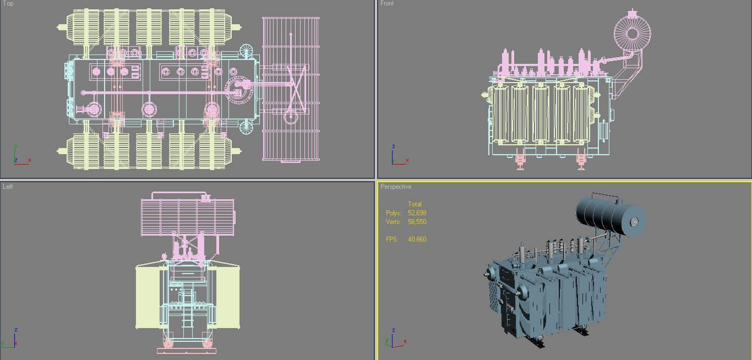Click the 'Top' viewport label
(x=8, y=3)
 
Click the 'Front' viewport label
(x=387, y=3)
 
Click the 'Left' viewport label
(x=8, y=187)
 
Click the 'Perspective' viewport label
(x=395, y=187)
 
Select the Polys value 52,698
(x=417, y=213)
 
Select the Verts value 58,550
(x=417, y=222)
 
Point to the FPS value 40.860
(x=417, y=239)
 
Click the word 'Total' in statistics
(x=415, y=204)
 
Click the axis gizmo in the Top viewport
(x=20, y=156)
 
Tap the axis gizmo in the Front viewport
(x=397, y=156)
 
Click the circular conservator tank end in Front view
(x=632, y=33)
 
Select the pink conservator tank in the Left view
(x=187, y=217)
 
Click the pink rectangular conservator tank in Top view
(x=291, y=89)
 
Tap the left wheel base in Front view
(x=520, y=161)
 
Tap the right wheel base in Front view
(x=581, y=161)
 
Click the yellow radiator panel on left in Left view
(x=148, y=297)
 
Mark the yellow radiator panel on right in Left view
(x=227, y=297)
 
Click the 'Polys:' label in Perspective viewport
(x=393, y=213)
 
